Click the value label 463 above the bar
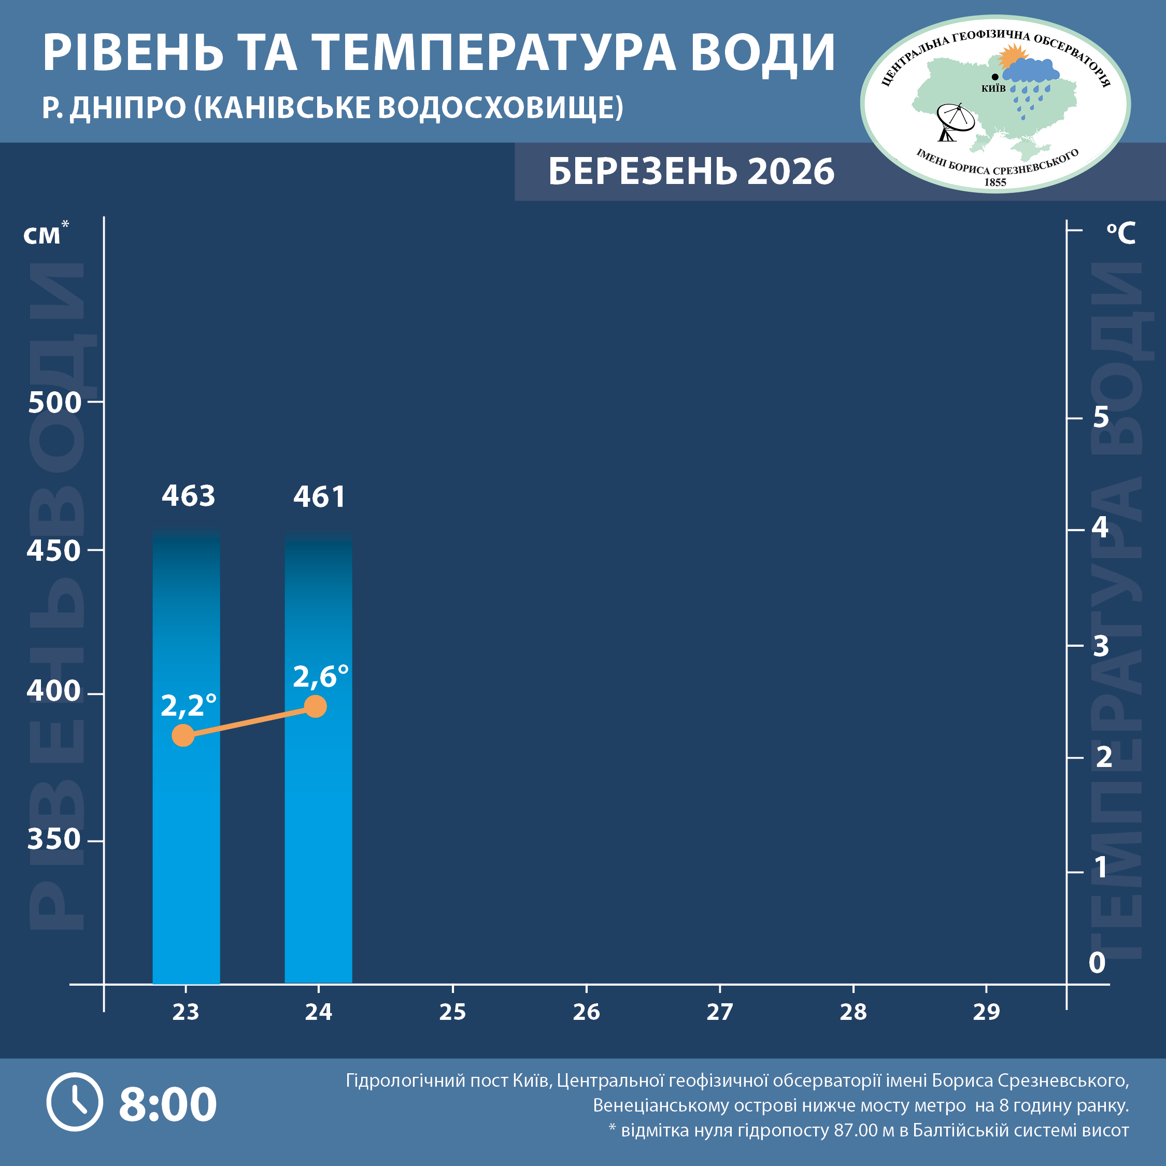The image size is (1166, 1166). tap(188, 496)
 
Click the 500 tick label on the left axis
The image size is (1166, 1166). tap(54, 403)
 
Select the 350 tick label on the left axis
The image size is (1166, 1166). tap(54, 840)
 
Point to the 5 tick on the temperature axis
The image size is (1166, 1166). tap(1101, 417)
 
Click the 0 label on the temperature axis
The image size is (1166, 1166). tap(1097, 963)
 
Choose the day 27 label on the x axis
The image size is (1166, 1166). tap(719, 1012)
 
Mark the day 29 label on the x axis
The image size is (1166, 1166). tap(986, 1012)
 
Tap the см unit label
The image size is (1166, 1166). tap(42, 235)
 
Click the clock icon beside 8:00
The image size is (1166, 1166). tap(75, 1102)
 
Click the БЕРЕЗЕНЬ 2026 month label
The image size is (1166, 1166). tap(691, 172)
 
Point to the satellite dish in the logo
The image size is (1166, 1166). tap(954, 121)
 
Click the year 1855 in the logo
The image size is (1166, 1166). tap(995, 182)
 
